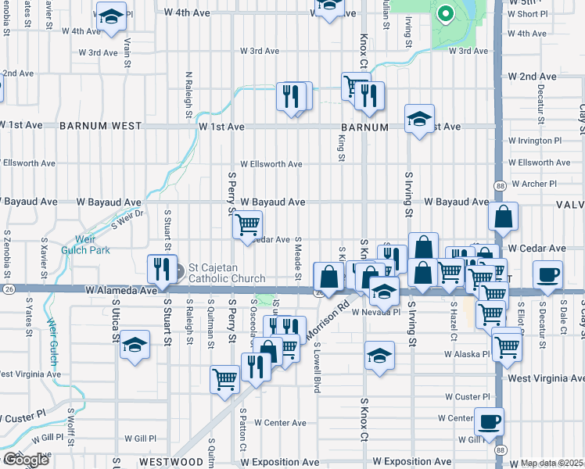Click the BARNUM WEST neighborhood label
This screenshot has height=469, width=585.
coord(100,126)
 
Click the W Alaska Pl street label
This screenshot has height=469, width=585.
coord(466,353)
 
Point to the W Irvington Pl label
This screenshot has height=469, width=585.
coord(534,141)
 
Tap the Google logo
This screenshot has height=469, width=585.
coord(25,460)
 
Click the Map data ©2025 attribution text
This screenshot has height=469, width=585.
coord(552,463)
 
